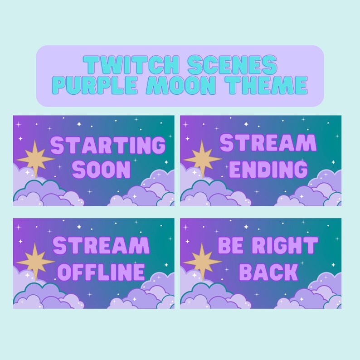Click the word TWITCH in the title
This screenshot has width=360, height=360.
121,65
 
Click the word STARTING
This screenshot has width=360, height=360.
108,146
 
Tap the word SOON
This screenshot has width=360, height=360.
101,170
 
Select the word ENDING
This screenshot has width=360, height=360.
268,169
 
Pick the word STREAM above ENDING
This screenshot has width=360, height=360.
268,143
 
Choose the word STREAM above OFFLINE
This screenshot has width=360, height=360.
101,246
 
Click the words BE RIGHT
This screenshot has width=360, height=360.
268,246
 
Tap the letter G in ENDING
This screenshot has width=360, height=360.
299,169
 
